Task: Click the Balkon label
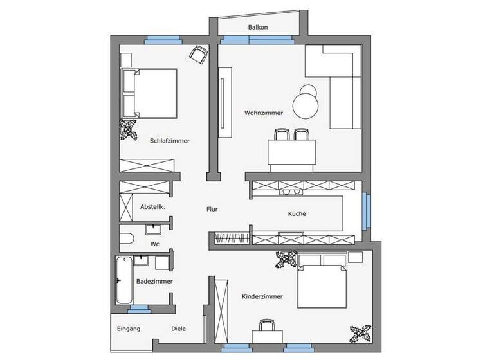258,28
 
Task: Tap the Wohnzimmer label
264,113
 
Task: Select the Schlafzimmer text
170,141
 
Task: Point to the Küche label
297,214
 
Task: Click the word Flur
212,209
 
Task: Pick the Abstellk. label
153,207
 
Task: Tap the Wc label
154,244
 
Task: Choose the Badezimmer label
154,281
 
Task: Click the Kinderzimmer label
262,296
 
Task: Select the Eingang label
128,328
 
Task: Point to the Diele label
179,328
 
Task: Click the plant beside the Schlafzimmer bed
130,129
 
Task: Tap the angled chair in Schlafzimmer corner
199,54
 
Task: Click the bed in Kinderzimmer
322,280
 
